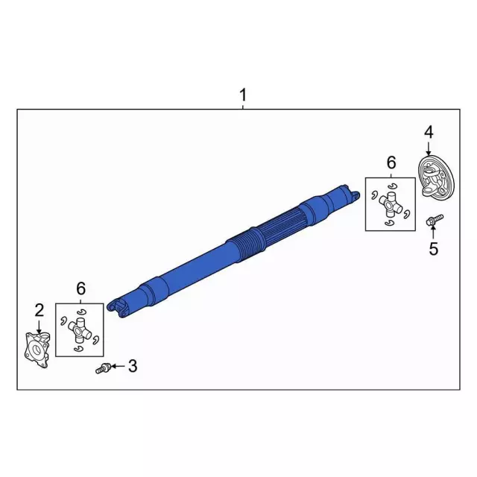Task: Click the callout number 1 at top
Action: pos(241,96)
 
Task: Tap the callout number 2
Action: pos(39,309)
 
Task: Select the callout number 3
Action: pos(133,365)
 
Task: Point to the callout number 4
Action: pos(428,132)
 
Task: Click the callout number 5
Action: pos(433,249)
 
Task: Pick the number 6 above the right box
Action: pos(391,162)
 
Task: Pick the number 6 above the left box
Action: pos(81,288)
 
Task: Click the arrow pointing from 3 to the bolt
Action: pos(118,366)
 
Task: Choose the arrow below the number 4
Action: pos(429,149)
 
